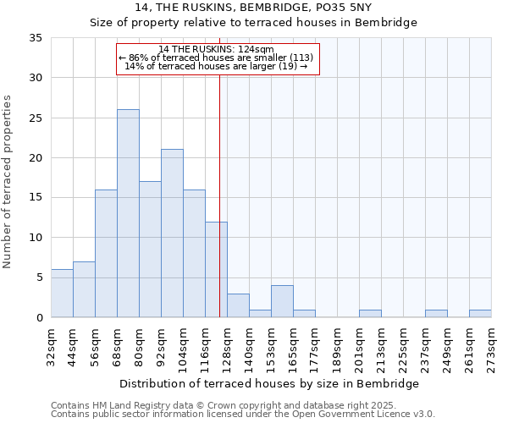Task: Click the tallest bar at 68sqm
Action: click(x=128, y=213)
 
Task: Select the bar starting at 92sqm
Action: click(x=172, y=233)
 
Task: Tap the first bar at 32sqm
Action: click(x=62, y=294)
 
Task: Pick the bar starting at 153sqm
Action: click(x=282, y=302)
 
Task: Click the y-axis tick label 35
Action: click(x=35, y=38)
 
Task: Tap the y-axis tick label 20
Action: click(x=35, y=158)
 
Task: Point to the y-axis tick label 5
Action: click(x=38, y=278)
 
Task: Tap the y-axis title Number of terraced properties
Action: click(x=8, y=181)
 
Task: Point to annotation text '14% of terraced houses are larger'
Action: click(x=216, y=66)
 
